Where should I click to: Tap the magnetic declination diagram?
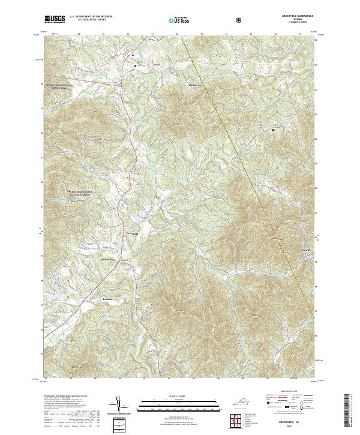click(119, 405)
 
